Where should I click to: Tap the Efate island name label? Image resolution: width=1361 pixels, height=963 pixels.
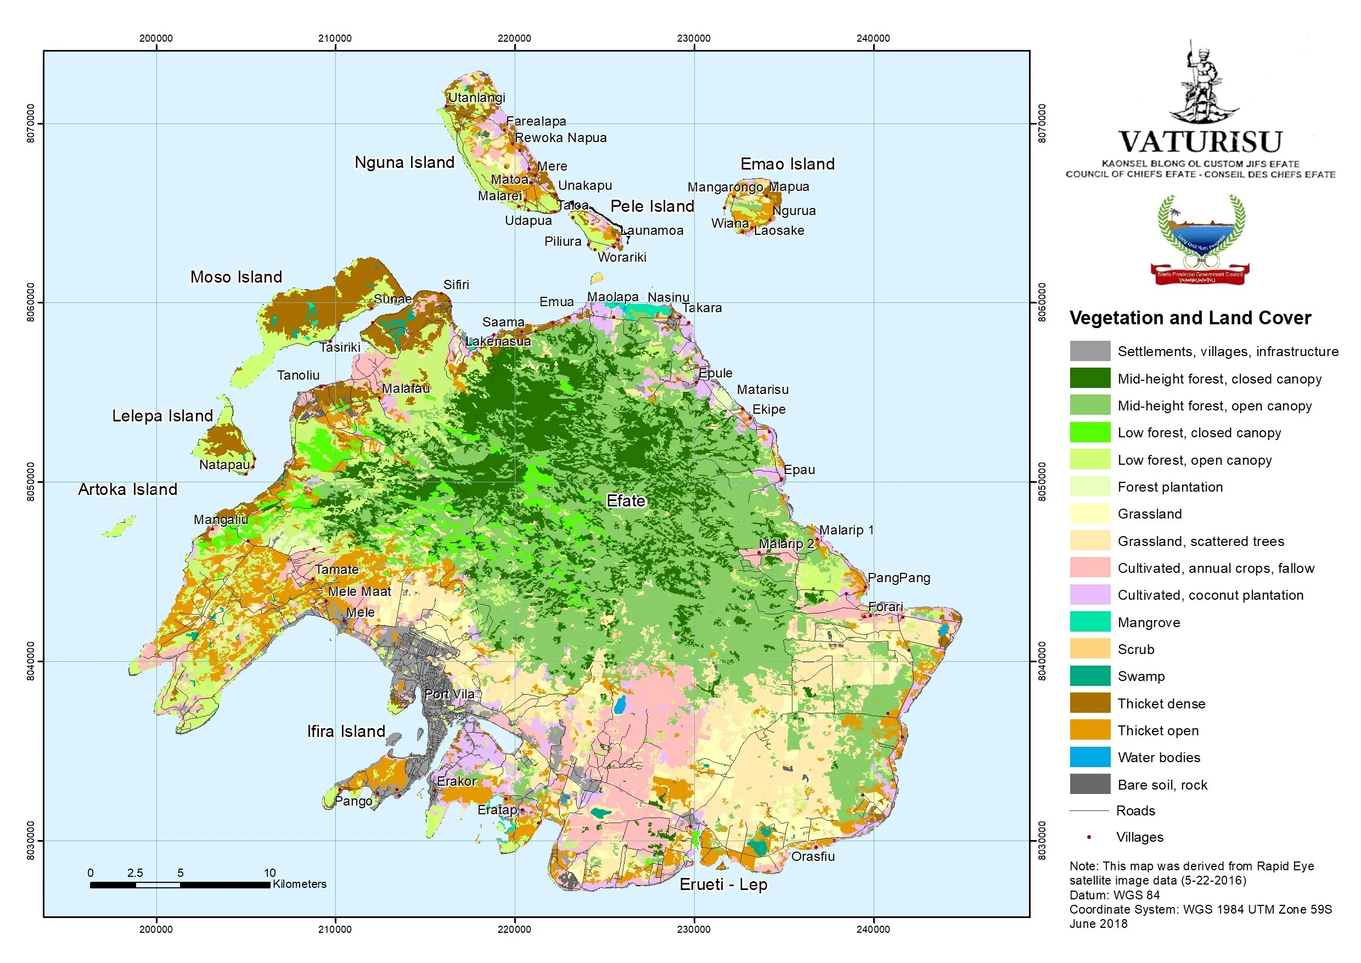626,501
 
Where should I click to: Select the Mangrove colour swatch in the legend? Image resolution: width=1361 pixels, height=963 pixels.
1089,622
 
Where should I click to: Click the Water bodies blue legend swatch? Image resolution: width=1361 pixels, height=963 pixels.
1089,757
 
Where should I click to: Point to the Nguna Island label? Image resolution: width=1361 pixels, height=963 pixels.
404,162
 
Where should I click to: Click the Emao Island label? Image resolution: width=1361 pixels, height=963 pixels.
787,164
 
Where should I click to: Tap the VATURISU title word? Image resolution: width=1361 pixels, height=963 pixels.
1200,142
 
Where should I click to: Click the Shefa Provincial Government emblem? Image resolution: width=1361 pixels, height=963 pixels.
1200,240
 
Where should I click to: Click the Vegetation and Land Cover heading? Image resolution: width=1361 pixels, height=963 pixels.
1190,318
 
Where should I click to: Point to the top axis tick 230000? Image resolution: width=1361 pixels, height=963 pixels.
693,38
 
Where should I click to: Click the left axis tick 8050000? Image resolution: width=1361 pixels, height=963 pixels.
31,482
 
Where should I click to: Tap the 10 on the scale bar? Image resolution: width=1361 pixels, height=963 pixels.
270,873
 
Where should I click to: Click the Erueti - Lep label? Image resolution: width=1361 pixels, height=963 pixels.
723,885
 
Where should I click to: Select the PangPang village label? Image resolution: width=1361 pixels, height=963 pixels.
898,578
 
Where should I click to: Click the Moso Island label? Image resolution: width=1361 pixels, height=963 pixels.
235,277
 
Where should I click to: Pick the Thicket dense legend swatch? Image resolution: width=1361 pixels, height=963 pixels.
1089,703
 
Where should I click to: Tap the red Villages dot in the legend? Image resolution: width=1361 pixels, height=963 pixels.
1089,837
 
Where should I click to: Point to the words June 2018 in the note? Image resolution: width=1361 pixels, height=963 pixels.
1098,924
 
